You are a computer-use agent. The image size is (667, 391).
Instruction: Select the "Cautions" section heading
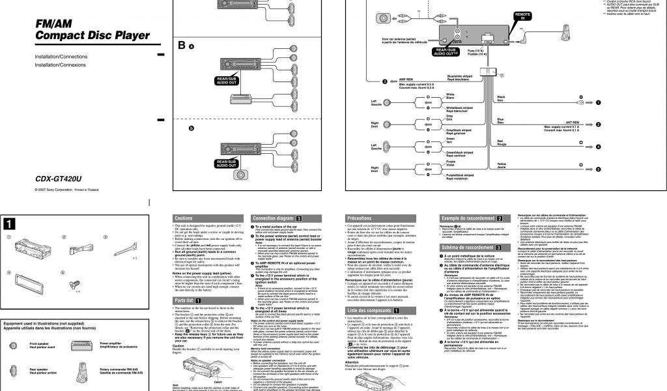pyautogui.click(x=184, y=218)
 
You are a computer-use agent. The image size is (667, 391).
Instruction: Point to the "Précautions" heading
pyautogui.click(x=360, y=218)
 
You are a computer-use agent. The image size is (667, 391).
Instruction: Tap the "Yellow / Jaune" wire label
pyautogui.click(x=501, y=166)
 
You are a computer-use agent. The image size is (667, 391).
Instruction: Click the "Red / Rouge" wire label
pyautogui.click(x=500, y=143)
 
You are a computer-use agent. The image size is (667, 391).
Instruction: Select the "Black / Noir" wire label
pyautogui.click(x=500, y=98)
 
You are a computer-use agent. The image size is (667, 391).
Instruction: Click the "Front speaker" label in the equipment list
pyautogui.click(x=40, y=345)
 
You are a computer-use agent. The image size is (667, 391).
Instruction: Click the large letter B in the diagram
pyautogui.click(x=182, y=45)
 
